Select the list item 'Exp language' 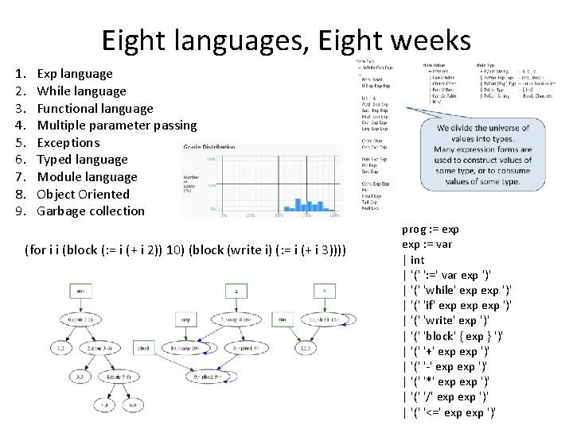75,74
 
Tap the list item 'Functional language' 95,108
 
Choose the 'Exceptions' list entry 68,143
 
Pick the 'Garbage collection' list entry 91,211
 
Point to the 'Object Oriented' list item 83,194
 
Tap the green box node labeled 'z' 236,292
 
